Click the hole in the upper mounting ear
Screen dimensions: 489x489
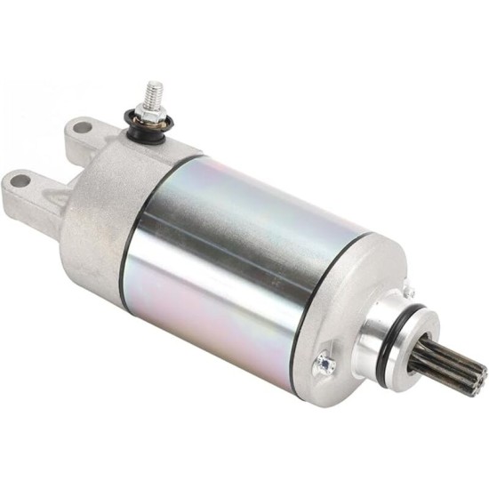(x=83, y=127)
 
